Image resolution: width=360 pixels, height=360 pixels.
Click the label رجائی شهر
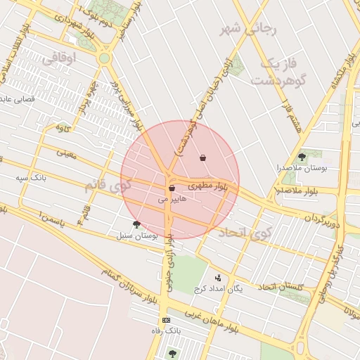tap(250, 29)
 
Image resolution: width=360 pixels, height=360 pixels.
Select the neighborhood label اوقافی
tap(61, 59)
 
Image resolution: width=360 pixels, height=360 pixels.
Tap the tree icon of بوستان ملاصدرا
tap(302, 157)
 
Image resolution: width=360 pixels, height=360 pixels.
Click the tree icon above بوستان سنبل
tap(136, 225)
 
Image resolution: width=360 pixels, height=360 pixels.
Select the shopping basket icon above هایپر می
tap(172, 188)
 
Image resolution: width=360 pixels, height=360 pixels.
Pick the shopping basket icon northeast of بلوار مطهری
tap(203, 157)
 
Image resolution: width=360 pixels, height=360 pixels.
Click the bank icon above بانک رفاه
tap(166, 320)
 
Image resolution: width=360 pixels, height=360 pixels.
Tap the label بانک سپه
tap(32, 178)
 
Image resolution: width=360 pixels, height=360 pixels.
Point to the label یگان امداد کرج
tap(236, 288)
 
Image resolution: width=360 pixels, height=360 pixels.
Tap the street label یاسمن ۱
tap(47, 221)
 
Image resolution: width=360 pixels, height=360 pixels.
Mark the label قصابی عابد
tap(22, 99)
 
